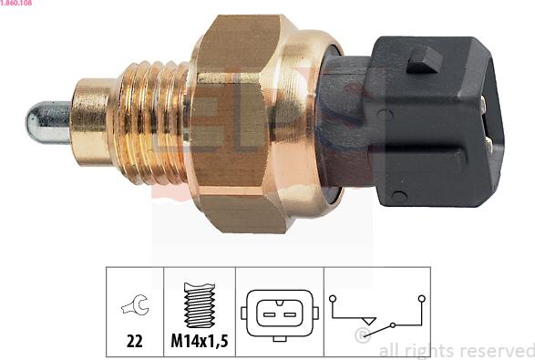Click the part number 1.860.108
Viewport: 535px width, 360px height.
tap(15, 3)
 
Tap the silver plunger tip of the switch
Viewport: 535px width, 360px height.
tap(47, 122)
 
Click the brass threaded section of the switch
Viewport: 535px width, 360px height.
tap(152, 122)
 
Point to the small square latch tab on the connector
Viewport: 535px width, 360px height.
tap(424, 60)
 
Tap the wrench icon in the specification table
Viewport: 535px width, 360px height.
tap(135, 304)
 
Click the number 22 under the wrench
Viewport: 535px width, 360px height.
tap(134, 341)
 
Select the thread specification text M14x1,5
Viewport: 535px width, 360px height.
tap(200, 341)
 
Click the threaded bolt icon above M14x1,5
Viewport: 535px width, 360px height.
tap(200, 305)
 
